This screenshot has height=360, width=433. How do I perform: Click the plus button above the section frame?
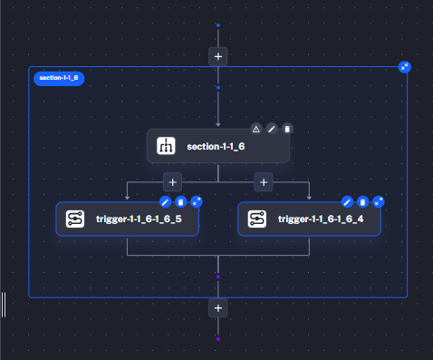[218, 56]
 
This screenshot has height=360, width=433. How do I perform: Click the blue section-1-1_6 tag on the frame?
[59, 78]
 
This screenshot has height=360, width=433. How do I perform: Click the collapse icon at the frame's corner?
[404, 67]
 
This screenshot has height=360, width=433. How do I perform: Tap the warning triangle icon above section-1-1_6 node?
[256, 129]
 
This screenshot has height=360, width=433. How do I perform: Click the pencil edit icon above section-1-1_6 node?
[272, 129]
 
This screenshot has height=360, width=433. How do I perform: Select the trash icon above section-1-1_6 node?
[287, 129]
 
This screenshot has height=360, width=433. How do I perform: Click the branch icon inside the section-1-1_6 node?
[166, 146]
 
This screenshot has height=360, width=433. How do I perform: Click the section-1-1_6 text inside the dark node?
[216, 146]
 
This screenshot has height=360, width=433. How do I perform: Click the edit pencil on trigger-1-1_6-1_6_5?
[165, 201]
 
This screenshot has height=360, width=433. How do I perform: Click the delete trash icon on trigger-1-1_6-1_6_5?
[180, 201]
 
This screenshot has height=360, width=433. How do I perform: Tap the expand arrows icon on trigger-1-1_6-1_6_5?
[197, 201]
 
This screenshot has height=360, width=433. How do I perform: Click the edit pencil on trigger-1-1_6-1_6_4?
[347, 201]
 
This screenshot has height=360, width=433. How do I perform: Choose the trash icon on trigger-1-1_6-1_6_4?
[362, 201]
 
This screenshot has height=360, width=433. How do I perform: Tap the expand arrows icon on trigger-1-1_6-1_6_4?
[379, 201]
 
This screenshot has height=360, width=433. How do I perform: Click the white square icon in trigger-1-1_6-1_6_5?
[74, 219]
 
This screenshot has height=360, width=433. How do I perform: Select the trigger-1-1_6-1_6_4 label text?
[321, 219]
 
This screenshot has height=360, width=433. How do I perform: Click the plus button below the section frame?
[218, 307]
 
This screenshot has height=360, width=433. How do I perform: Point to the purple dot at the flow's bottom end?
[218, 338]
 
